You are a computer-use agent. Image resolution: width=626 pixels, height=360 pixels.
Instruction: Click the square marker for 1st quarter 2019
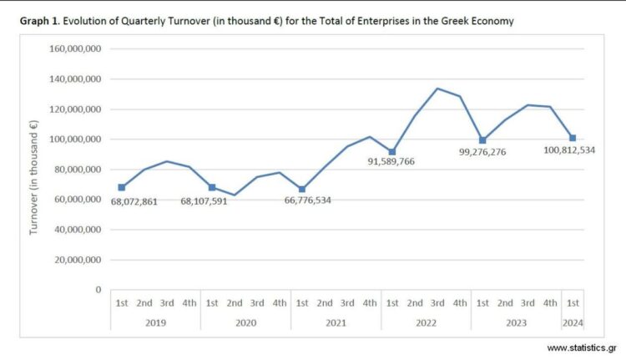(122, 187)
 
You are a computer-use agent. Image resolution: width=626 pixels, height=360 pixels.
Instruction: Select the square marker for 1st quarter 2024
(573, 138)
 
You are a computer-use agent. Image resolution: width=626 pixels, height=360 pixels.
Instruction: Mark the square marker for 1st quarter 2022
(392, 152)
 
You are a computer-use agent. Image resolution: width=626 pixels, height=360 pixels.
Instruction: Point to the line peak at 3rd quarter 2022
(437, 89)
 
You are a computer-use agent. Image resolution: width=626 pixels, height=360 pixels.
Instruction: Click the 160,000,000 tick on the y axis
(76, 49)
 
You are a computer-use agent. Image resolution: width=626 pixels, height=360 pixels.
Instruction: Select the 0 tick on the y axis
(98, 290)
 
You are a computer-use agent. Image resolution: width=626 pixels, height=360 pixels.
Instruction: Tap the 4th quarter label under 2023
(550, 303)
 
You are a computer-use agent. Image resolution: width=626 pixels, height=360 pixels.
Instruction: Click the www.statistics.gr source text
(581, 347)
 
